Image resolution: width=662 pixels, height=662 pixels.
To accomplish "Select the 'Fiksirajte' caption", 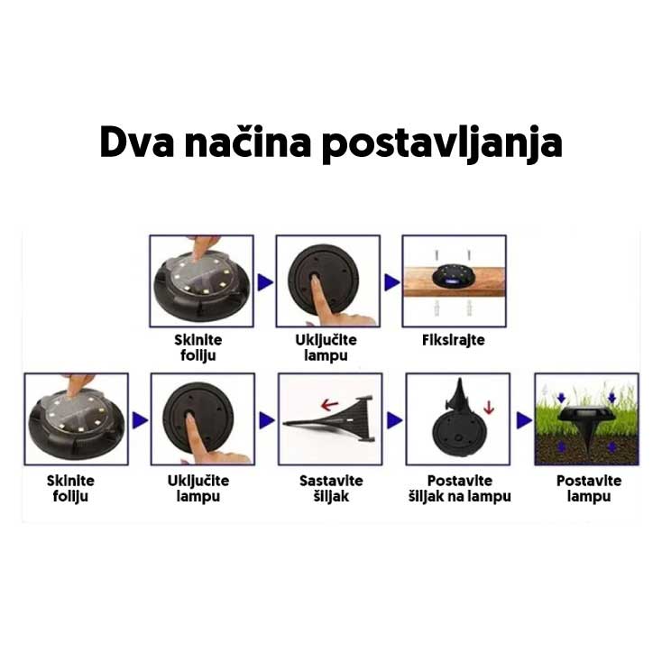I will [x=453, y=340].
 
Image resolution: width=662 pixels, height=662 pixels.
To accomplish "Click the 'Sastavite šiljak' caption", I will [x=329, y=488].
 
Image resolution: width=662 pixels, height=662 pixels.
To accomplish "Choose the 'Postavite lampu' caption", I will [x=588, y=488].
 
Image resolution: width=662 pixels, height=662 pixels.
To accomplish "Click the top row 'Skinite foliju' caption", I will [x=198, y=347].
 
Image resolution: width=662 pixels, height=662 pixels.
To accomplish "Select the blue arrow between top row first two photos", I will [x=265, y=282].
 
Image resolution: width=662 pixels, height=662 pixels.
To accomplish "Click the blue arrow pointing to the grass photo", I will [x=523, y=420].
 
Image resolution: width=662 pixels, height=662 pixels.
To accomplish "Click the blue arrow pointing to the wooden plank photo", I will [x=391, y=282].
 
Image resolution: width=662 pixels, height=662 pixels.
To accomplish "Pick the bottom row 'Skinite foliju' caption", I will [x=70, y=488].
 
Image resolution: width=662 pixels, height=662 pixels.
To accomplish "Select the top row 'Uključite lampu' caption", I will [x=326, y=347].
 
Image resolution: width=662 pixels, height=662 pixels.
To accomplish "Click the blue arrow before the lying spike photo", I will [x=266, y=420].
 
